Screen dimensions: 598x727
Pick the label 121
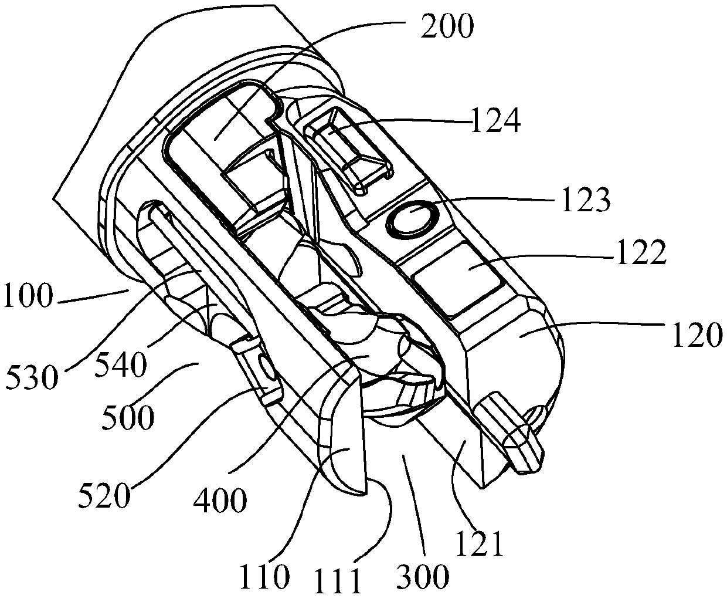[x=481, y=545]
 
